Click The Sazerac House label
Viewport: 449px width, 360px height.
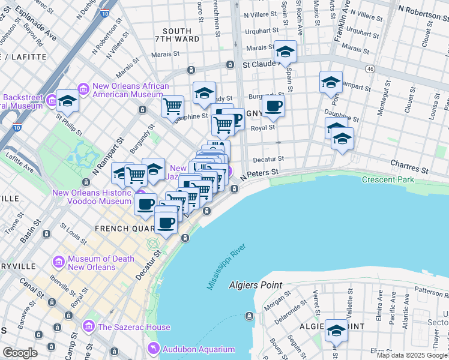pyautogui.click(x=134, y=327)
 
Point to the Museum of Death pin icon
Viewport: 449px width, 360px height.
pyautogui.click(x=59, y=262)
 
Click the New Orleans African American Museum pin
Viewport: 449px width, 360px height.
pyautogui.click(x=83, y=90)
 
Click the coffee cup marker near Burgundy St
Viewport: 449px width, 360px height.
pyautogui.click(x=273, y=106)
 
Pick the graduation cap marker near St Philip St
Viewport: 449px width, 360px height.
pyautogui.click(x=67, y=101)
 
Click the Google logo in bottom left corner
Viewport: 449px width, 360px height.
pyautogui.click(x=20, y=352)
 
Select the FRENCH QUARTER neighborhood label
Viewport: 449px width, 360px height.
pyautogui.click(x=118, y=229)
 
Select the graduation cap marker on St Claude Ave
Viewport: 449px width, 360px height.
pyautogui.click(x=286, y=51)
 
